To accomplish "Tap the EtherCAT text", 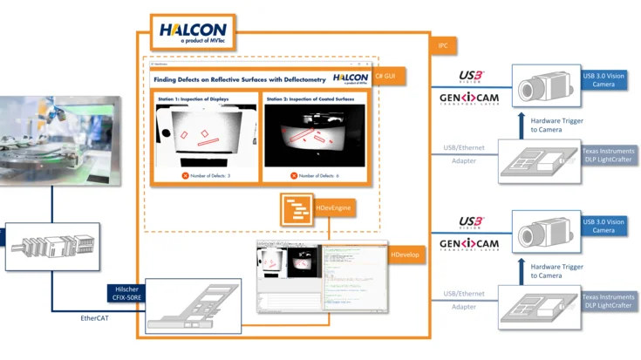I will pos(97,319).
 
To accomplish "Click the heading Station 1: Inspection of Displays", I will pos(193,99).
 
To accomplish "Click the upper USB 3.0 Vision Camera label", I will pos(603,79).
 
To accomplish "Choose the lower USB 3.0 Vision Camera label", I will pos(603,226).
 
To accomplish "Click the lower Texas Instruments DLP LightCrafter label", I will pos(609,301).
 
